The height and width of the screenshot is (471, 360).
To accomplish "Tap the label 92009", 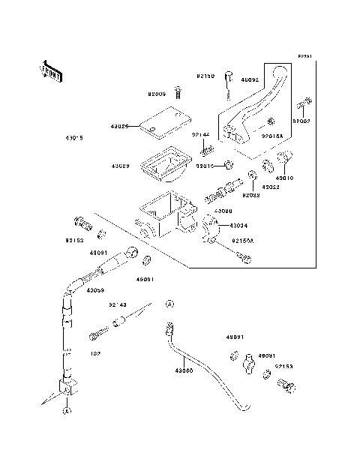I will (x=157, y=94).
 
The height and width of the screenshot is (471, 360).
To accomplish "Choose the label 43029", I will (x=121, y=165).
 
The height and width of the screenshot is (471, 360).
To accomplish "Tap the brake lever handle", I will (x=255, y=105).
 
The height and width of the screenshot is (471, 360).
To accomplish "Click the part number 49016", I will (x=286, y=178).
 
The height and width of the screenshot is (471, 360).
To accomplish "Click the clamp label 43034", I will (x=238, y=225).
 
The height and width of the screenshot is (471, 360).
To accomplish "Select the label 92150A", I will (x=242, y=241).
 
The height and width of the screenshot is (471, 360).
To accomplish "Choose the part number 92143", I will (x=118, y=305).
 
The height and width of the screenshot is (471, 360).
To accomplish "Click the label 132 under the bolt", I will (x=95, y=353).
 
